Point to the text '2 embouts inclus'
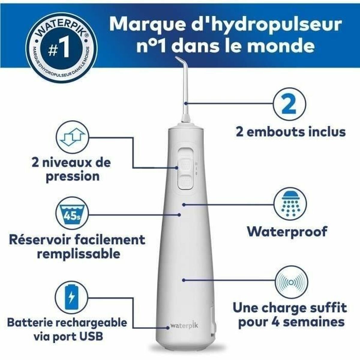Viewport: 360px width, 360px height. point(290,132)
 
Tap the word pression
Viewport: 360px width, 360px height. point(72,176)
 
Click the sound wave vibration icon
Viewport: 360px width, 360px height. point(288,282)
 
